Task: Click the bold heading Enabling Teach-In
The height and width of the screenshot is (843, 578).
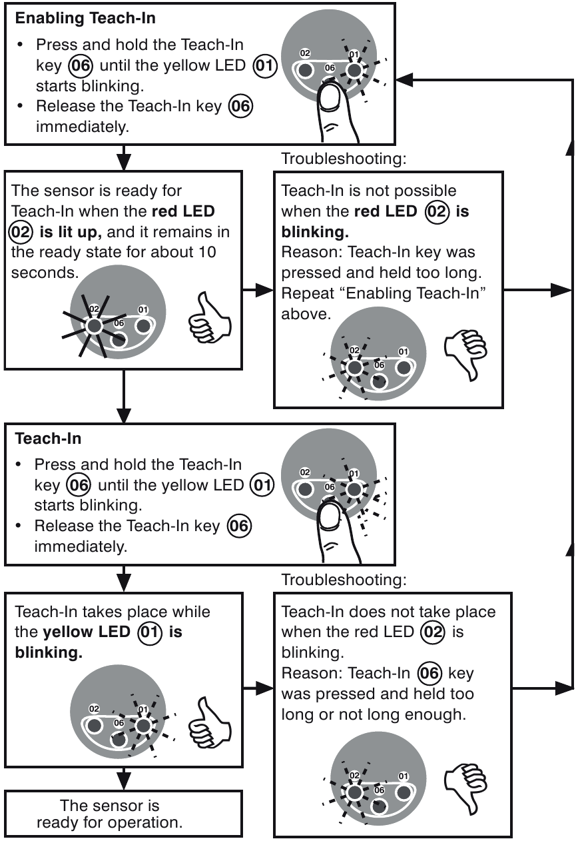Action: [85, 19]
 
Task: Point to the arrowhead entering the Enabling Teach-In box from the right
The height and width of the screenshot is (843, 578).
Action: [404, 79]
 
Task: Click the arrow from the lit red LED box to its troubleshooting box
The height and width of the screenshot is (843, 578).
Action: [258, 291]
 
